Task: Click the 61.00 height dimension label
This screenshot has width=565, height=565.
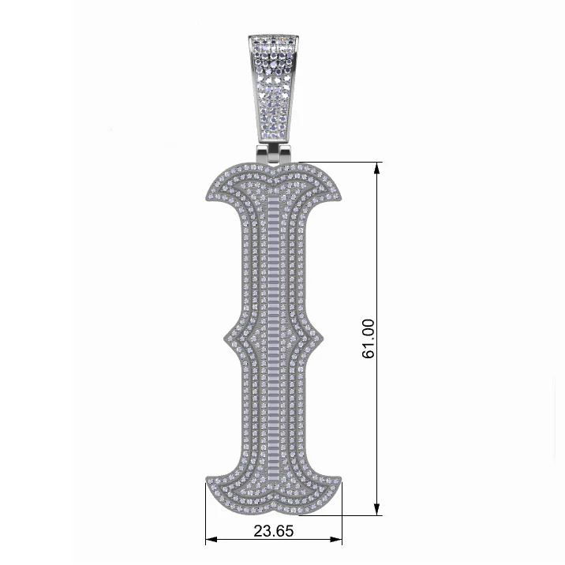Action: pos(368,339)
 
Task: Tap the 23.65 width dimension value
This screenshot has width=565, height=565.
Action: pos(274,531)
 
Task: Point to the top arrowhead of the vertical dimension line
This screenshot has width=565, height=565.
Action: pos(377,168)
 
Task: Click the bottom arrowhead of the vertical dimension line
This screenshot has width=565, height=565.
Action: pos(377,509)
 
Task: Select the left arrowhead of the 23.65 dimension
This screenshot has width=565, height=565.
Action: pos(211,540)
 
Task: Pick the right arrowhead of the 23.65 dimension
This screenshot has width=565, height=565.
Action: pos(336,540)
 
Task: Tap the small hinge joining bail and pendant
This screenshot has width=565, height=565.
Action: pos(274,154)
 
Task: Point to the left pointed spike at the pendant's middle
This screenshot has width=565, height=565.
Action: pos(224,339)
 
